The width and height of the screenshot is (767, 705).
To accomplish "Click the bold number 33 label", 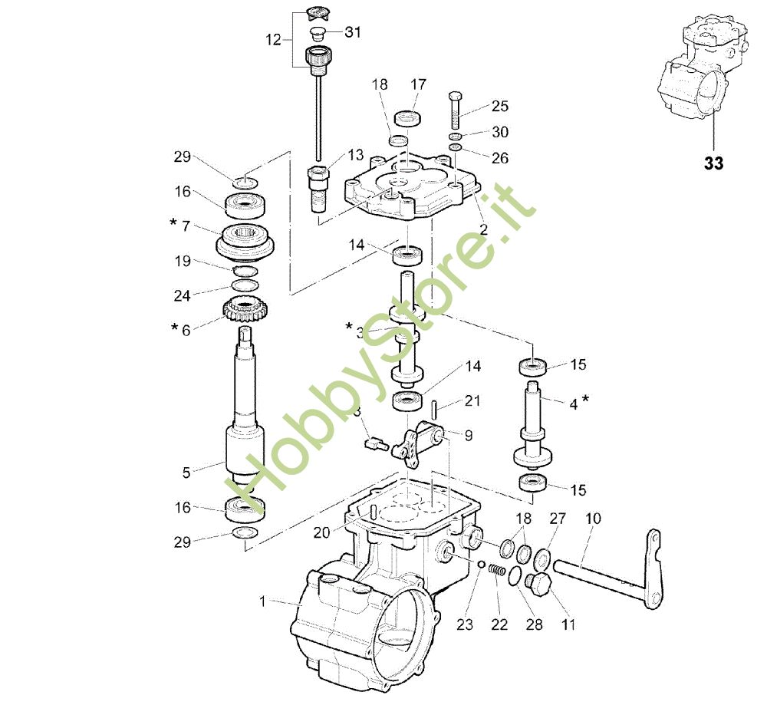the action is (713, 163).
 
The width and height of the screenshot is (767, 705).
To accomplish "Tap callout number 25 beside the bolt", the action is (499, 107).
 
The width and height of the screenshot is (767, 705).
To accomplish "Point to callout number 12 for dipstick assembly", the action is (274, 39).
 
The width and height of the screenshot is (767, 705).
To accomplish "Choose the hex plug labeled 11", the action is (539, 585).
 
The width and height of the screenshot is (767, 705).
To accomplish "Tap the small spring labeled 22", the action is (499, 572).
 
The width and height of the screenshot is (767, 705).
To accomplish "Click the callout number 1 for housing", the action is (262, 602).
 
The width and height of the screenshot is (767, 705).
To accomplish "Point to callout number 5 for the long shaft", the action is (186, 473).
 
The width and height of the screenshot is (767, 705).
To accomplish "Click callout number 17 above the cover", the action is (418, 84).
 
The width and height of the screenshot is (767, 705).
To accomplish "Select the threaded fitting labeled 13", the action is (319, 188).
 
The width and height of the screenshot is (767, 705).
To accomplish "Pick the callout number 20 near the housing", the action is (323, 530).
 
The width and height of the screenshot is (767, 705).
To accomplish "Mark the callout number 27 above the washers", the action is (557, 519).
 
